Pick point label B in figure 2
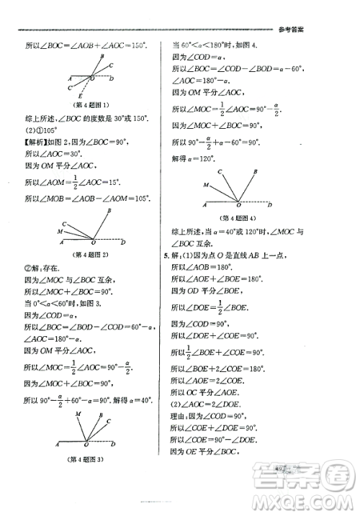pyautogui.click(x=108, y=210)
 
